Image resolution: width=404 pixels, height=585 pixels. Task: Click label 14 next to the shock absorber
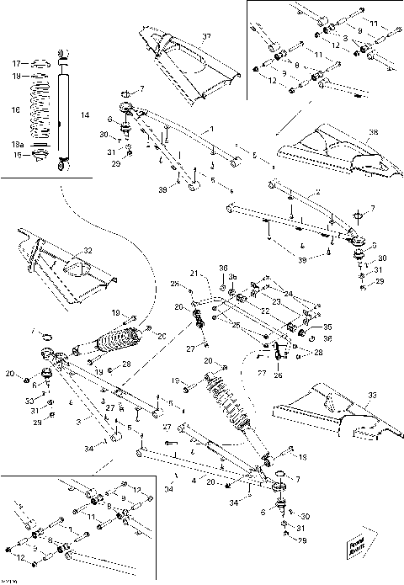(82, 114)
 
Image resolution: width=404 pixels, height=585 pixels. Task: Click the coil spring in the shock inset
(42, 108)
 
